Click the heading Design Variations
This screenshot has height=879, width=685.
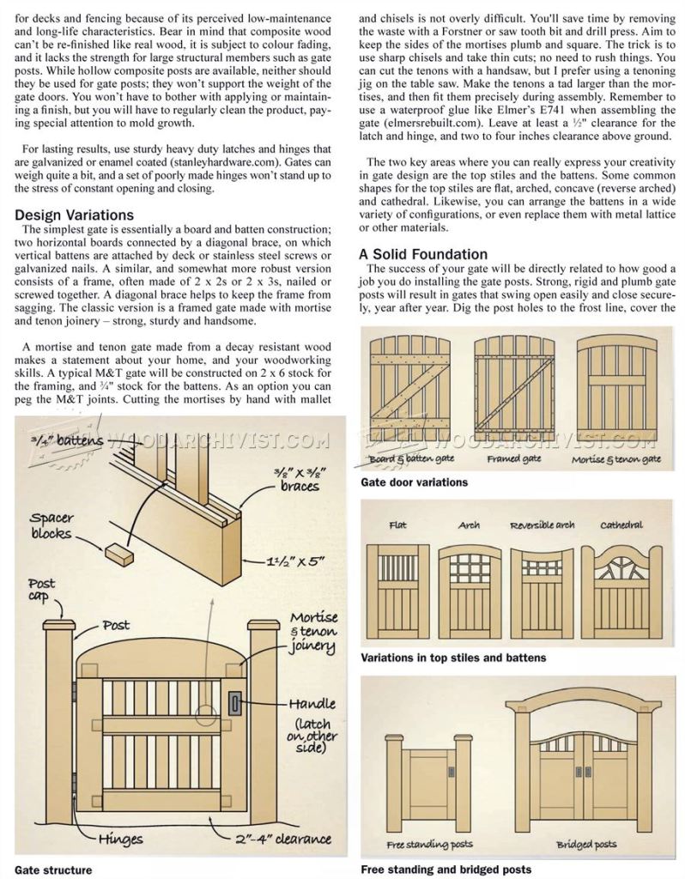click(74, 215)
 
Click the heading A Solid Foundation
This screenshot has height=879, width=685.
click(423, 254)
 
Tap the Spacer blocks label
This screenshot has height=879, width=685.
click(52, 524)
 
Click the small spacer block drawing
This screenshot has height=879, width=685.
click(120, 557)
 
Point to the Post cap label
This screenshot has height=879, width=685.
click(42, 590)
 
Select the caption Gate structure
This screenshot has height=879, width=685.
click(53, 869)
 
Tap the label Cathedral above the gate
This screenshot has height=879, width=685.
click(621, 524)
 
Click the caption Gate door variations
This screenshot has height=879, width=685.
click(414, 482)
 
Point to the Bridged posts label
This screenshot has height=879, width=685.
click(586, 845)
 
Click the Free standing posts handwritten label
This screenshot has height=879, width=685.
click(430, 845)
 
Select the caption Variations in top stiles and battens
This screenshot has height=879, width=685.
click(453, 658)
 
